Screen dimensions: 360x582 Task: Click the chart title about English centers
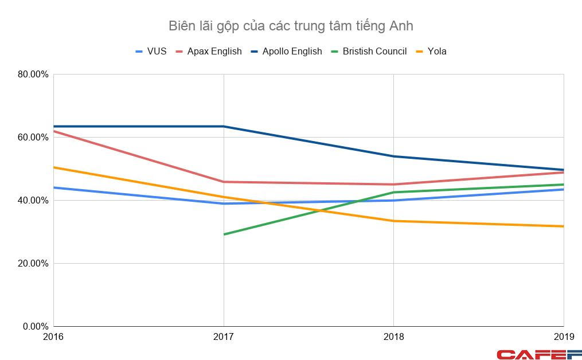[291, 26]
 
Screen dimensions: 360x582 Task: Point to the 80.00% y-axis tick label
[34, 74]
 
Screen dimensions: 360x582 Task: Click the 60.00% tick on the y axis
[34, 137]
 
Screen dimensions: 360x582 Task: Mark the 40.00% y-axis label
[34, 200]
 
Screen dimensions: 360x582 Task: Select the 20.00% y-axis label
[34, 263]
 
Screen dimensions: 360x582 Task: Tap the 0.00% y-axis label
[36, 326]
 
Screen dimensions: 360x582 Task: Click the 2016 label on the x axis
[53, 336]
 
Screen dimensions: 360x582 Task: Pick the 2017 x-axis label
[223, 336]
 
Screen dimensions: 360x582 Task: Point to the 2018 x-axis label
[393, 336]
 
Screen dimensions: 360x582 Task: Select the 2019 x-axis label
[563, 336]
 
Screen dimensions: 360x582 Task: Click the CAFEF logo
[538, 354]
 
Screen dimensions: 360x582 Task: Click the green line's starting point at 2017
[224, 234]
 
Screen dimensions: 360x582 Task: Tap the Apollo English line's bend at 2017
[224, 126]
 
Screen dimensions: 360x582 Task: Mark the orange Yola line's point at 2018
[393, 221]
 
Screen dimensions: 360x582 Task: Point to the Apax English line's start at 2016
[54, 131]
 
